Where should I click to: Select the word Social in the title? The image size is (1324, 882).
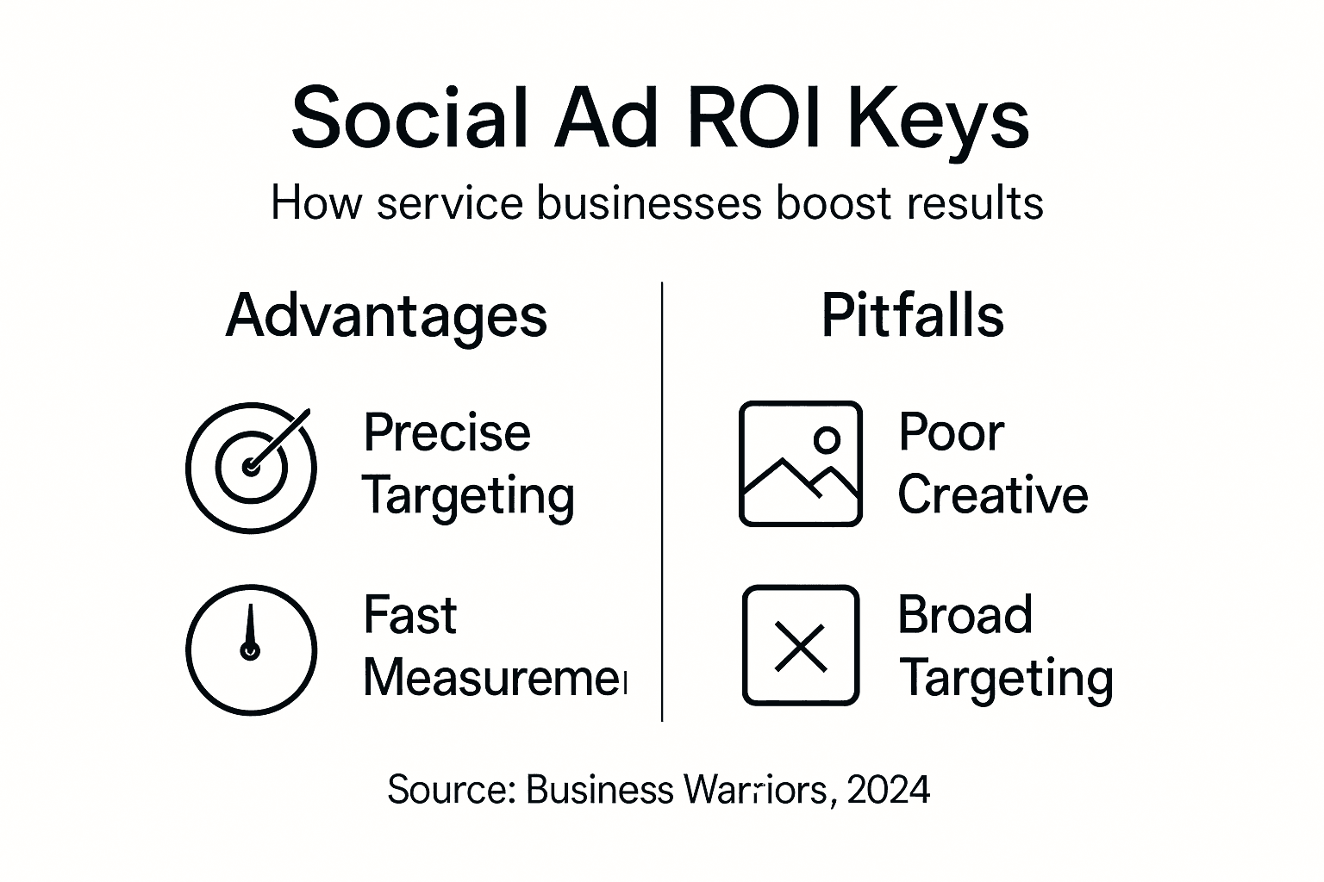tap(409, 118)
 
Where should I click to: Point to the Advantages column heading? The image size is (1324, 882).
tap(386, 316)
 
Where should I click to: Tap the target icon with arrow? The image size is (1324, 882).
tap(252, 467)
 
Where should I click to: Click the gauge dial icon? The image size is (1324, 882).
tap(252, 649)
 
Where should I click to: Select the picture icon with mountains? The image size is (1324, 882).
tap(800, 463)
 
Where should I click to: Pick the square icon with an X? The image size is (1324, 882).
tap(801, 646)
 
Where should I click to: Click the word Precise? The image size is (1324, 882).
tap(447, 432)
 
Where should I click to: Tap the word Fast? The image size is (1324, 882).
tap(409, 615)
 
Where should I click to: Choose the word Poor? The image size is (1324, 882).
tap(951, 432)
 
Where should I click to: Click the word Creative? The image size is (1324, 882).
tap(993, 495)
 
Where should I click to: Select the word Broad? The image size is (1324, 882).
tap(965, 615)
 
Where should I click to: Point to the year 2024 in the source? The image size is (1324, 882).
tap(888, 789)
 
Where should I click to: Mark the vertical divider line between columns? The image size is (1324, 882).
tap(662, 500)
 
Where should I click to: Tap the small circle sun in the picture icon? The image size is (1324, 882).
tap(827, 439)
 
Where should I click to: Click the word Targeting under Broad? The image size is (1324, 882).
tap(1005, 679)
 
